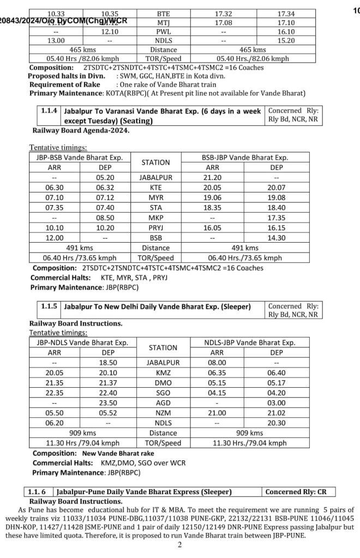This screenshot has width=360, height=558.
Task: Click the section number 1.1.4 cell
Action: (x=48, y=111)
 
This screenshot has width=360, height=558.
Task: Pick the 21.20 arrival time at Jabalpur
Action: (x=213, y=178)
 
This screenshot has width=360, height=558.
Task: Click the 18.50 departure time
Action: (x=107, y=362)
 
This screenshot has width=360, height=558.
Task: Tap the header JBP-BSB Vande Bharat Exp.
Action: (x=80, y=158)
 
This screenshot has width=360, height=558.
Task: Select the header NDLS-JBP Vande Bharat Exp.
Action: (x=250, y=343)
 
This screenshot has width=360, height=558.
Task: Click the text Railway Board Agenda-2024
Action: (x=81, y=130)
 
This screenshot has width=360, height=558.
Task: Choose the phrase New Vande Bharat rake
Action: (x=118, y=453)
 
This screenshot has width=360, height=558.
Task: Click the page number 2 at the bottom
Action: (x=179, y=544)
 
